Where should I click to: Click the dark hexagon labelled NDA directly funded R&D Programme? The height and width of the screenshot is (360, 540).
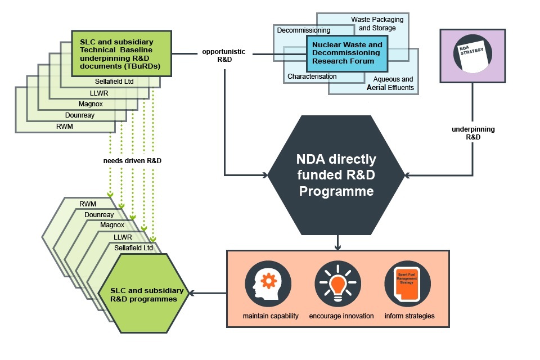[336, 174]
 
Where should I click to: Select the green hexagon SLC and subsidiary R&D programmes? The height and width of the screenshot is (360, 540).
[147, 294]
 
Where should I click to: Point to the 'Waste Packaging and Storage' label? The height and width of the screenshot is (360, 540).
[373, 24]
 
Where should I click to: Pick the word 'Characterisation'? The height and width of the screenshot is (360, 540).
[312, 76]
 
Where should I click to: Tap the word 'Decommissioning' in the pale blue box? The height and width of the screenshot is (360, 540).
[303, 30]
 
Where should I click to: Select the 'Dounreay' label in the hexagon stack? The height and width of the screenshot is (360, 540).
[99, 214]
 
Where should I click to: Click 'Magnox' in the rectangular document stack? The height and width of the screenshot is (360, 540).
[91, 103]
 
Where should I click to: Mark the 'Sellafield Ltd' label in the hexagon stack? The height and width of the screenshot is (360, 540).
[133, 247]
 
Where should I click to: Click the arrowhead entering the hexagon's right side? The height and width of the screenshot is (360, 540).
[408, 175]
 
